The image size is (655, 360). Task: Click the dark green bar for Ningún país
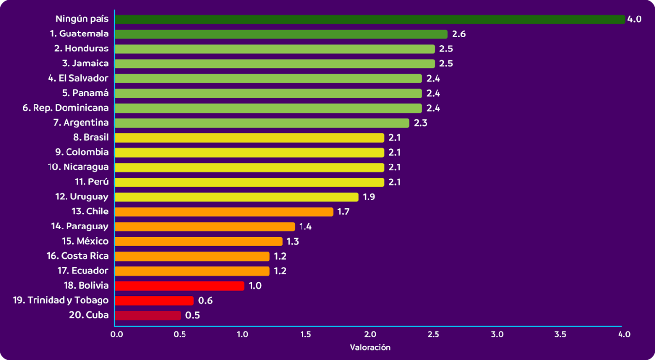pos(369,19)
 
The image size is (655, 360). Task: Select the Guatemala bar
pos(281,34)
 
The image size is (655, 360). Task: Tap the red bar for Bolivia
pos(179,286)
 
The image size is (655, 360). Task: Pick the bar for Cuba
pos(148,316)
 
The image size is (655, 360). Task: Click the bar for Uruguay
pos(236,197)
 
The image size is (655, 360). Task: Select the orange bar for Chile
pos(224,212)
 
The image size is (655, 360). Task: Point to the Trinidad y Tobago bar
pos(154,301)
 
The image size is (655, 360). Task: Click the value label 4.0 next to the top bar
pos(635,19)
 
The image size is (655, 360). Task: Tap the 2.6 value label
pos(459,34)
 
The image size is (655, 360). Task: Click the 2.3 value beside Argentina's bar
pos(420,123)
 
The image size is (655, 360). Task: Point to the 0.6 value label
pos(205,301)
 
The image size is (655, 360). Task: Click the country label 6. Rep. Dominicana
pos(66,108)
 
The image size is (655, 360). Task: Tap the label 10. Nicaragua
pos(78,167)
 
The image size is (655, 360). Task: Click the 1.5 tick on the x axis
pos(305,334)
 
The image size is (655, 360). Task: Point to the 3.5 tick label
pos(560,334)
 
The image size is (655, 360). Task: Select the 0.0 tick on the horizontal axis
pos(117,334)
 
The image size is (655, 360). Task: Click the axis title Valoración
pos(370,348)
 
